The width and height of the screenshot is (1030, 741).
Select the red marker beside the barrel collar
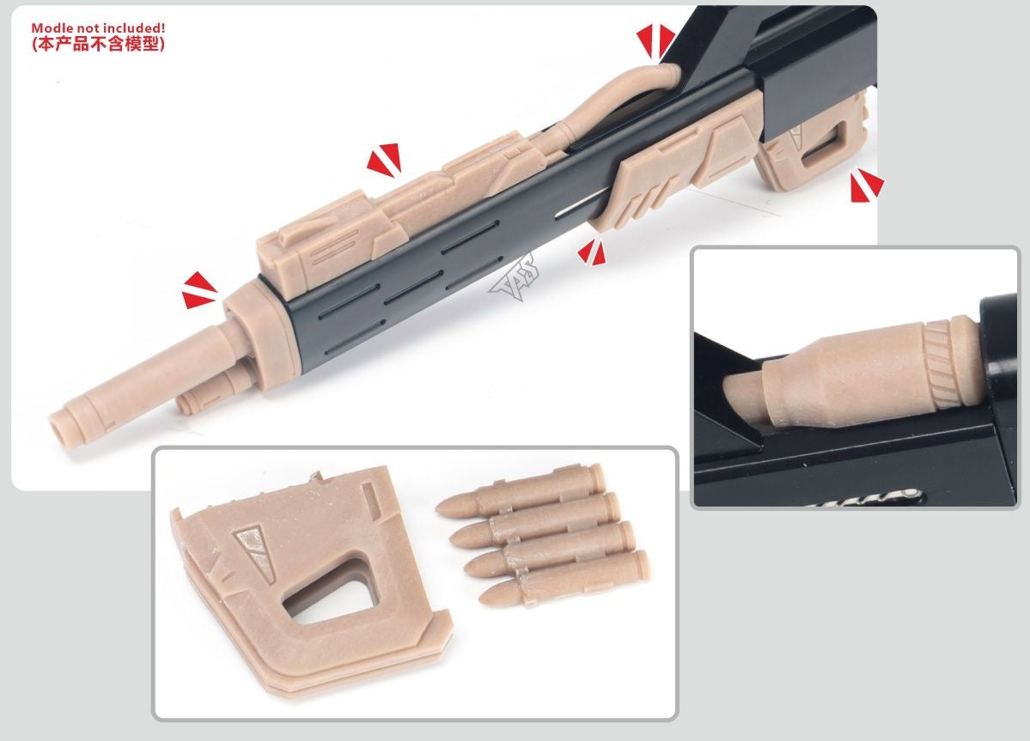pyautogui.click(x=199, y=290)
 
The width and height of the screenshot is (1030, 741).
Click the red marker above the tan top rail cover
pyautogui.click(x=383, y=160)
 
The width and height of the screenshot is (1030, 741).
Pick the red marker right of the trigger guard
pyautogui.click(x=866, y=185)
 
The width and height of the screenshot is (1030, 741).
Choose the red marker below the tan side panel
pyautogui.click(x=591, y=251)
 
